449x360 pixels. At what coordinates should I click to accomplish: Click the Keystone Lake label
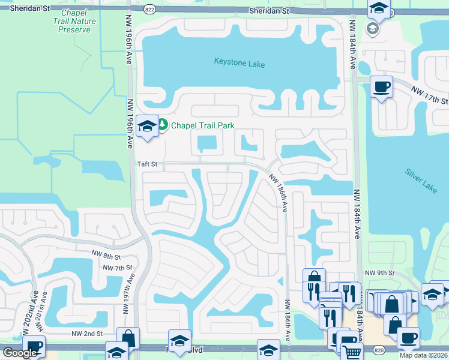point(240,62)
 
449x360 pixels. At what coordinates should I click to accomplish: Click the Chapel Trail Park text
point(202,125)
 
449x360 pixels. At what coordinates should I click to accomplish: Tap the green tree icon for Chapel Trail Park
point(163,125)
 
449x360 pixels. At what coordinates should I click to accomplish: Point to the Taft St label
point(146,163)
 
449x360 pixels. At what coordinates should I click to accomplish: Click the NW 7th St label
point(117,267)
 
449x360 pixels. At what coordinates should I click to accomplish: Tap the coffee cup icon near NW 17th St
point(381,87)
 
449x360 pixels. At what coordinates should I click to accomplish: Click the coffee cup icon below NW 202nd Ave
point(33,347)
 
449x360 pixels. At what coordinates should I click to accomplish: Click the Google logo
point(20,353)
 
